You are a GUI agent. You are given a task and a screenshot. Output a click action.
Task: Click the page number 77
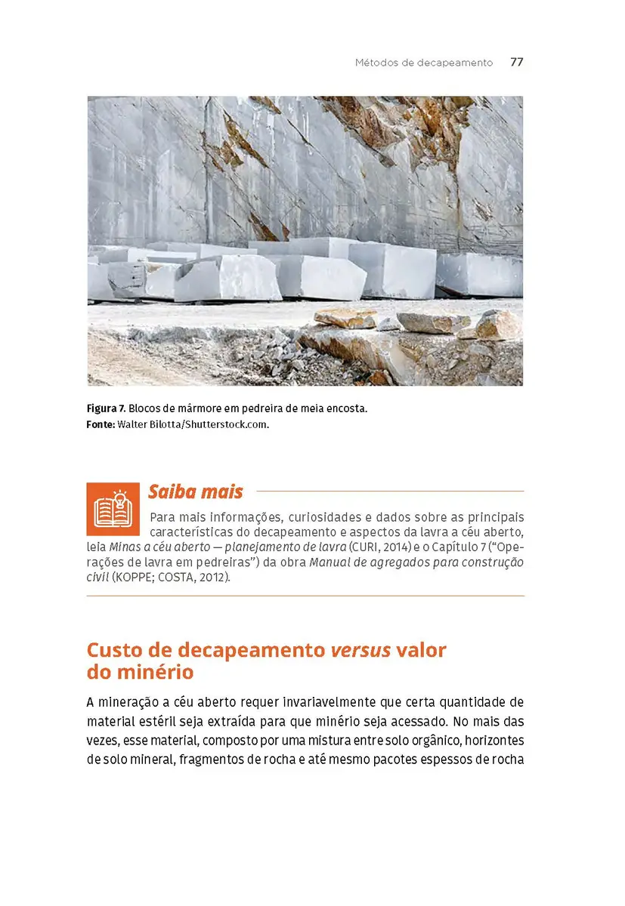pos(516,63)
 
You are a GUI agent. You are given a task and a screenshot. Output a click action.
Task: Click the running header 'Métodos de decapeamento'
pos(423,63)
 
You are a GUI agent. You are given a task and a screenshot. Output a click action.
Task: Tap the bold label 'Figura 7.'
pos(105,408)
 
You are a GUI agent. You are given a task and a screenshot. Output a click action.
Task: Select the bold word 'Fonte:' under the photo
pos(101,424)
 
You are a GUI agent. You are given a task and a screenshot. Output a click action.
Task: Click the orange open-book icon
pos(113,509)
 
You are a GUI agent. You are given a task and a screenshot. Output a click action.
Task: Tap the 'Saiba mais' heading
pos(195,492)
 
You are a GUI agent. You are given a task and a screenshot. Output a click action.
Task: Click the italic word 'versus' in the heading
pos(360,650)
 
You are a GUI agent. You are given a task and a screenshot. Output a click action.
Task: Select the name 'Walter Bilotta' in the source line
pos(148,424)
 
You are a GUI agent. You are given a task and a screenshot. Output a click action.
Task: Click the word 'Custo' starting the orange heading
pos(111,650)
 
